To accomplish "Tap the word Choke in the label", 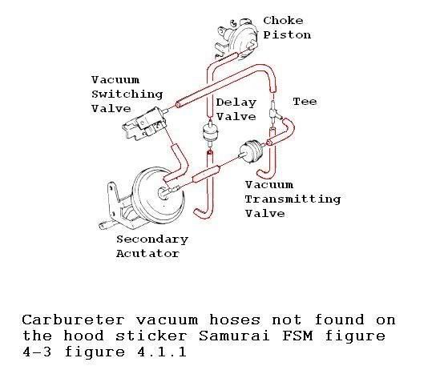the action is coord(283,21).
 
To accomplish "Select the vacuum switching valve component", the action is coord(145,123).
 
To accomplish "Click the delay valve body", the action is coord(210,132).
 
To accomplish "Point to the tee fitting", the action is coord(274,113).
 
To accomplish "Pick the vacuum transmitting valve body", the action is coord(252,152).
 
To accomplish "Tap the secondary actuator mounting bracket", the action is coord(117,206).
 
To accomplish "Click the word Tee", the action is coord(305,102).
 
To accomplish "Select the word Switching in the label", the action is coord(127,94).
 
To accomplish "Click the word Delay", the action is coord(236,103).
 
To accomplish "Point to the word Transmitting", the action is coord(293,199).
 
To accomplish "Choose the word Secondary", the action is coord(152,239).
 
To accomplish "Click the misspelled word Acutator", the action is coord(147,254).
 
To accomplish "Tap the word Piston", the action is coord(287,35).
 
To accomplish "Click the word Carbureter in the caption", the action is coord(73,320).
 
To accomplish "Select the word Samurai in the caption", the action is coord(234,336).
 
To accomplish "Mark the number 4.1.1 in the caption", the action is coord(162,352).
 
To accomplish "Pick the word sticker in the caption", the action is coord(151,336).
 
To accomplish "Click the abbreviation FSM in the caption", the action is coord(297,336).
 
